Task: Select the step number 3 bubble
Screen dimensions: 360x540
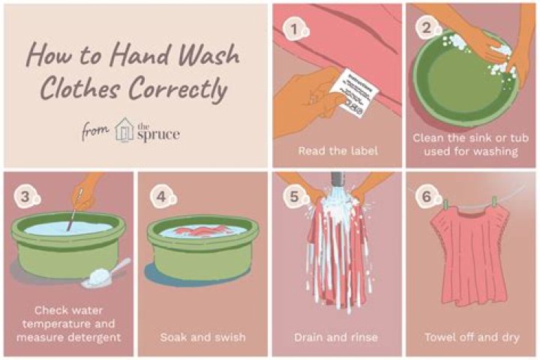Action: pyautogui.click(x=26, y=196)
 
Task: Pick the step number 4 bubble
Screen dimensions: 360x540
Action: pyautogui.click(x=160, y=196)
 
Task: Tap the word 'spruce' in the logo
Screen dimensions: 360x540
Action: pyautogui.click(x=158, y=134)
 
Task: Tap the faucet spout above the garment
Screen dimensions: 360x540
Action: pyautogui.click(x=337, y=180)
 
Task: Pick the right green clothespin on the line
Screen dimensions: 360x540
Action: pyautogui.click(x=494, y=202)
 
